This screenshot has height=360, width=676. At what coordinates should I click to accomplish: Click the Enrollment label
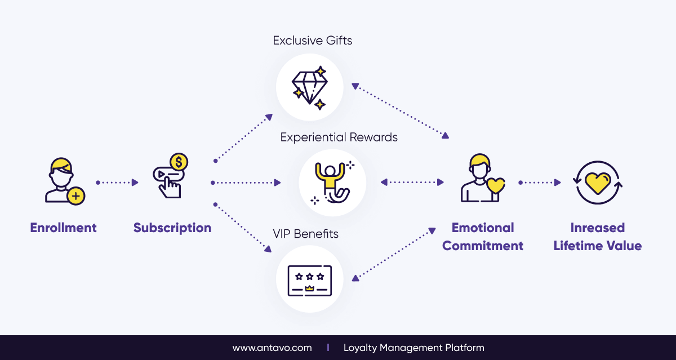(x=63, y=228)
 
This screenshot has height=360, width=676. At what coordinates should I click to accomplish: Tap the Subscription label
(x=172, y=228)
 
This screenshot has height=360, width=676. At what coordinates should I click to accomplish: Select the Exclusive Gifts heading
(x=313, y=41)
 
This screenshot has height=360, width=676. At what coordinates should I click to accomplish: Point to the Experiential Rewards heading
(x=339, y=137)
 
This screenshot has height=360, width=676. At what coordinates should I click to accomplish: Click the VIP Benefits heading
(x=305, y=233)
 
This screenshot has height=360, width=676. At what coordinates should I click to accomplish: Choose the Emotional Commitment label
(x=483, y=237)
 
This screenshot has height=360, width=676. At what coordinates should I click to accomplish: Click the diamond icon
(x=309, y=87)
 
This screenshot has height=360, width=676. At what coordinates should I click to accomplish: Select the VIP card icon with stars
(x=309, y=280)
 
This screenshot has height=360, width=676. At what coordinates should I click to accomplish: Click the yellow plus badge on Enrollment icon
(x=75, y=196)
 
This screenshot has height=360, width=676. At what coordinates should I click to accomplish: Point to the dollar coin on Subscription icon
(x=179, y=163)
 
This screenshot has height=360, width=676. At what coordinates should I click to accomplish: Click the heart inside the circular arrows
(x=598, y=181)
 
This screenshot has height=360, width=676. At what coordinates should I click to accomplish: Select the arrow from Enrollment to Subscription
(x=118, y=183)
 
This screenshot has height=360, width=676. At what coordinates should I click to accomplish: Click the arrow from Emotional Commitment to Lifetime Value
(x=540, y=183)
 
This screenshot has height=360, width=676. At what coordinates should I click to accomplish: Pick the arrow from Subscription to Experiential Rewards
(x=246, y=183)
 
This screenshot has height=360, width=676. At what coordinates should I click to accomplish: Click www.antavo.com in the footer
(x=272, y=348)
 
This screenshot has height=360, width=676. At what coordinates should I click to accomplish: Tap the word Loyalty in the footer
(x=360, y=348)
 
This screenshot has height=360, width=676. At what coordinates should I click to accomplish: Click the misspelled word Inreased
(x=598, y=228)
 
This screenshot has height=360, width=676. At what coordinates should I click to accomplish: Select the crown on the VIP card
(x=309, y=288)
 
